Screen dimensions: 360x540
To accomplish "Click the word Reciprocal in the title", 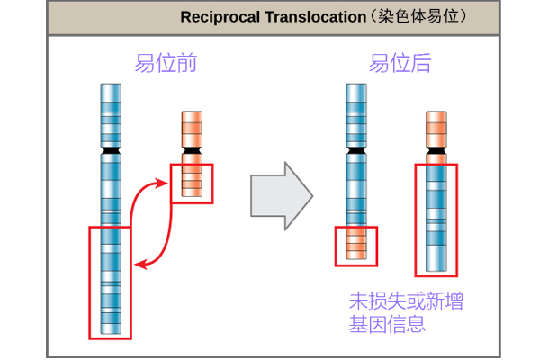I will [213, 17].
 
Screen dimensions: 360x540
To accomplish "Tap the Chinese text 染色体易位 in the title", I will [420, 17].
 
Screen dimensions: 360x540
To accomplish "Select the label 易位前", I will [166, 63].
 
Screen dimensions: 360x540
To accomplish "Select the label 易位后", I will [400, 63].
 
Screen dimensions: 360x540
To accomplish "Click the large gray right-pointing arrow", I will [280, 196].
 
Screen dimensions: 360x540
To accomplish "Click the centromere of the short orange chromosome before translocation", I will [191, 149].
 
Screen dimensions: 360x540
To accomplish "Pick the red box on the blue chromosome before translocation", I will [110, 283].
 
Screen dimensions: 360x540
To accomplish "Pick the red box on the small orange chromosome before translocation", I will [191, 184].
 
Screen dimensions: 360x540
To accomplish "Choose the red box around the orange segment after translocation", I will [356, 246].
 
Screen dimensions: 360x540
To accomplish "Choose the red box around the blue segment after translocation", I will [436, 220].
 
